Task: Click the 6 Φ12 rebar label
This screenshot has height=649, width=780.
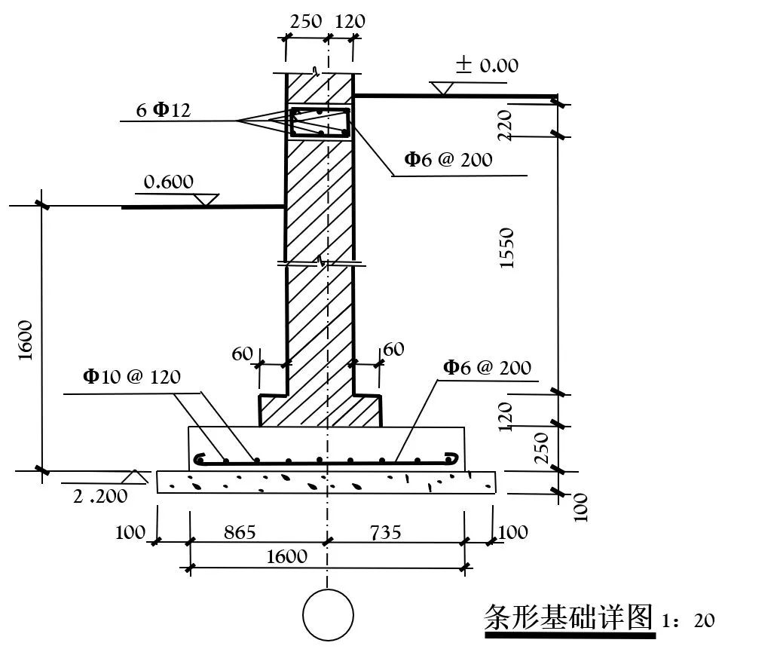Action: point(164,110)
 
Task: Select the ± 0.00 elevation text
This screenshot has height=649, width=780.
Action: point(487,66)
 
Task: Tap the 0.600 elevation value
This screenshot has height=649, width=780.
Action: point(169,182)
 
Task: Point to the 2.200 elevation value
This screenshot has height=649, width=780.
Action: point(101,496)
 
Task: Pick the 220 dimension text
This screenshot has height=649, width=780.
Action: point(505,124)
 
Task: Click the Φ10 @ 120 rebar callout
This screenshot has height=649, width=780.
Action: point(132,376)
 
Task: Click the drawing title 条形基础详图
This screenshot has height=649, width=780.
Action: point(567,617)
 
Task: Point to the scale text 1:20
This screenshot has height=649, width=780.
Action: point(689,620)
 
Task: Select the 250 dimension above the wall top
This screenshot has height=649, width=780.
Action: point(306,21)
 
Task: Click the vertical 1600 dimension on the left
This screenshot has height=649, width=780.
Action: point(26,340)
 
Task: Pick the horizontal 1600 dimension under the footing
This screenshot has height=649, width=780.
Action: point(287,556)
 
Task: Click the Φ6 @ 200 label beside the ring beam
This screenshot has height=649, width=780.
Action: point(448,159)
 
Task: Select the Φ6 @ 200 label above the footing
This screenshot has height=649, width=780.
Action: point(487,368)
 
